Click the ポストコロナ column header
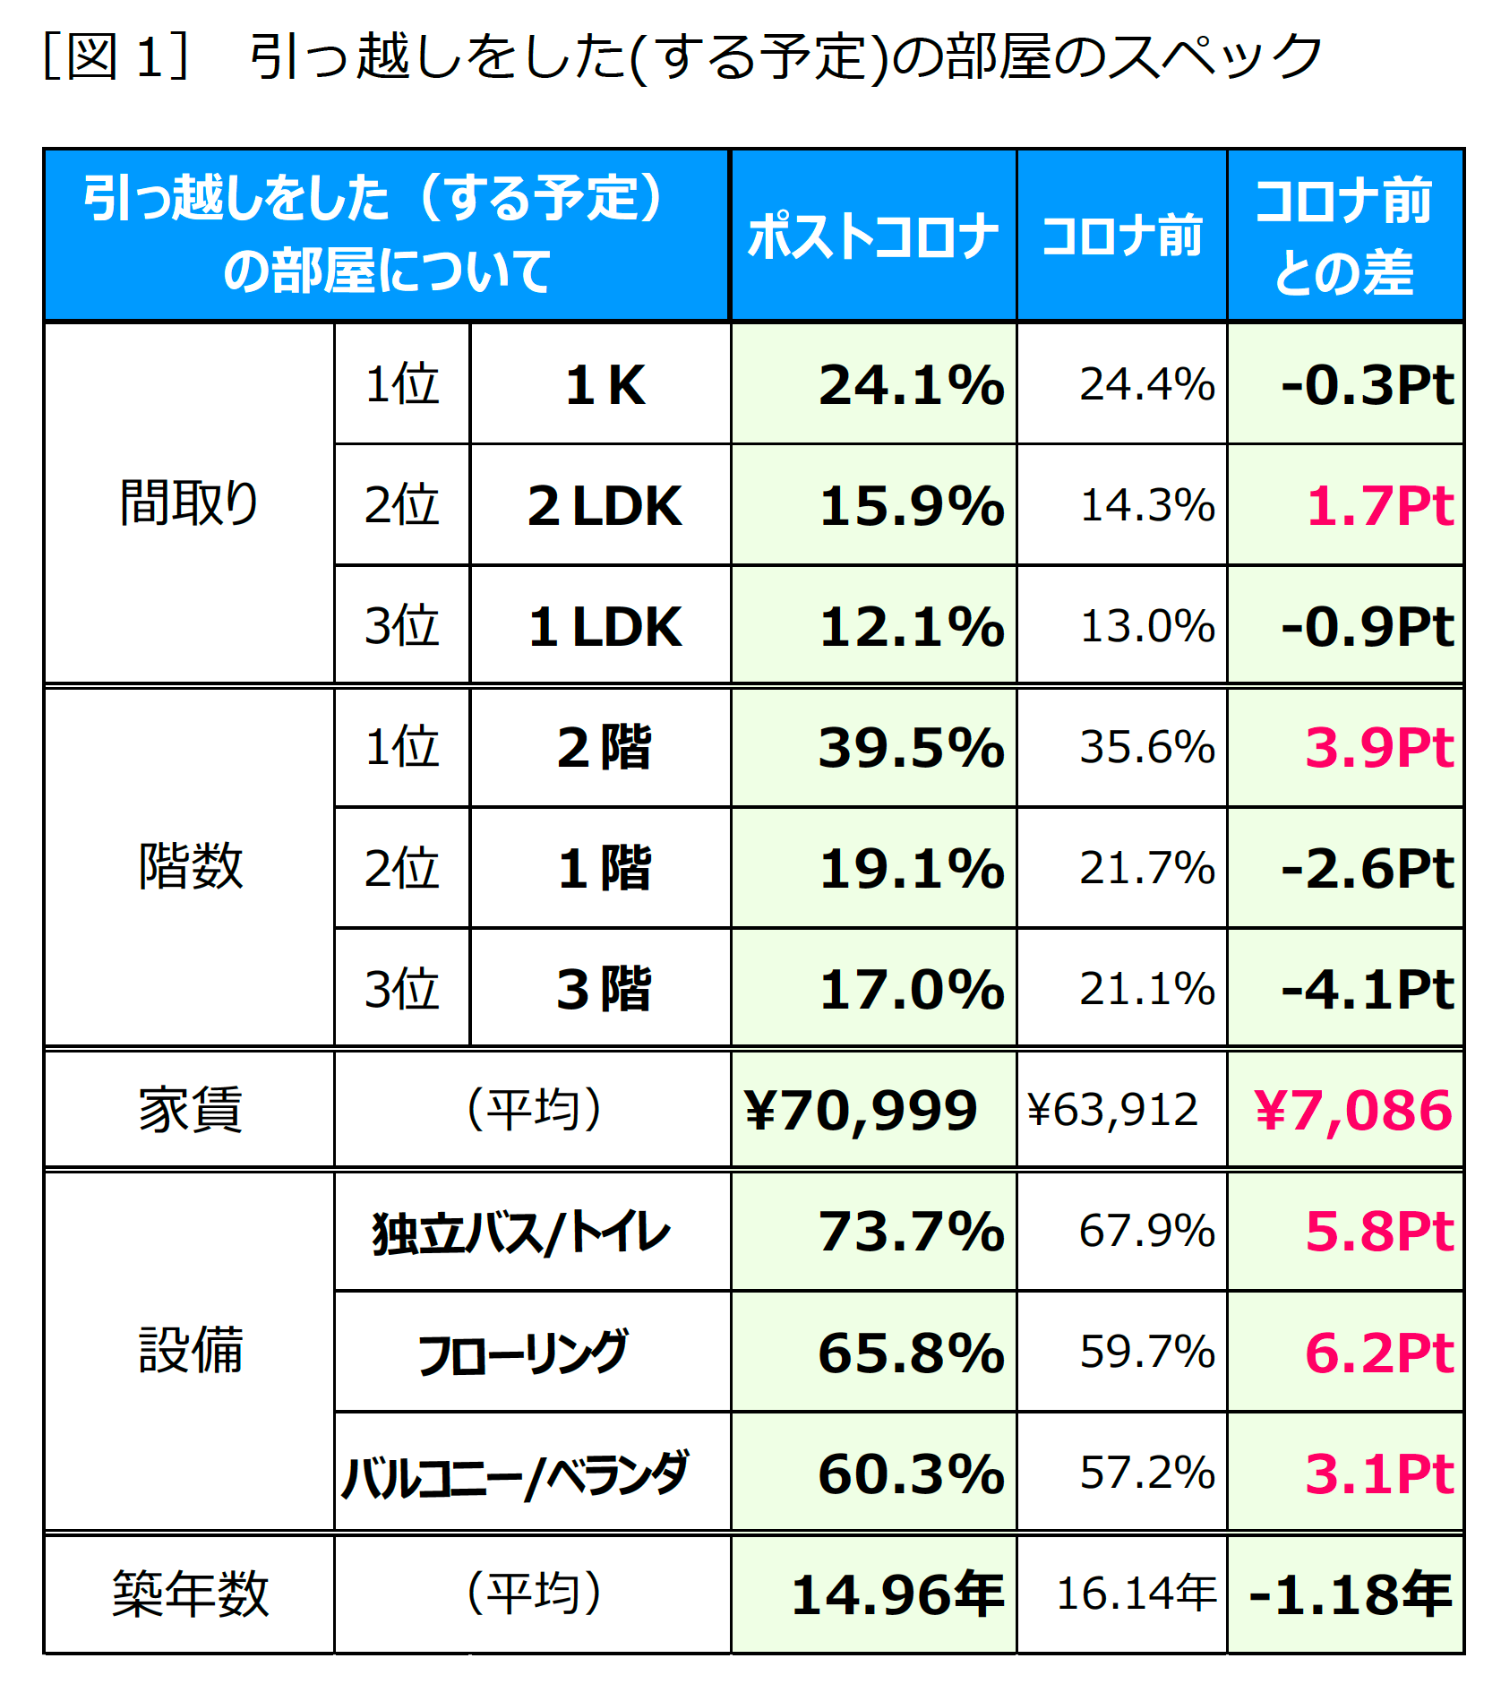(x=873, y=236)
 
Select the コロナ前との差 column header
(x=1344, y=236)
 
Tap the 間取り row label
(x=189, y=503)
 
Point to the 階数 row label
(x=189, y=866)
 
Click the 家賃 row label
(x=189, y=1109)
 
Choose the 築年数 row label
(x=189, y=1594)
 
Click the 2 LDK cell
(x=604, y=505)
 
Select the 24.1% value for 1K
(x=911, y=385)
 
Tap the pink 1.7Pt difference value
(x=1379, y=505)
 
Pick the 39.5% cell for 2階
(x=911, y=747)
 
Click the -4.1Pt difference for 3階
(x=1367, y=989)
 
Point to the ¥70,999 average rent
(x=860, y=1110)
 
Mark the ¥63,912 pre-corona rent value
(x=1112, y=1110)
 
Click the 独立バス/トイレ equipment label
(x=520, y=1233)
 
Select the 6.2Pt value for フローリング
(x=1379, y=1353)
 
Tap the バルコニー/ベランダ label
(x=515, y=1474)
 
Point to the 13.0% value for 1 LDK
(x=1147, y=626)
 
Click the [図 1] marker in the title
(x=116, y=56)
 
